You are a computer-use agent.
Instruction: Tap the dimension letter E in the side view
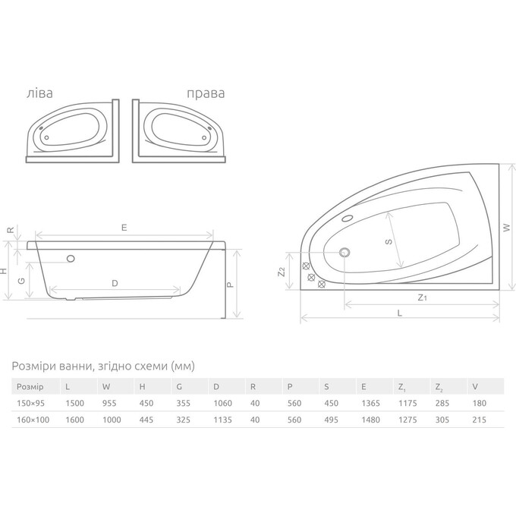coord(123,227)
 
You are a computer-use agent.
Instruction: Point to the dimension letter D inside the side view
coord(114,283)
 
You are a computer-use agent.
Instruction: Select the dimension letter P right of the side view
coord(229,282)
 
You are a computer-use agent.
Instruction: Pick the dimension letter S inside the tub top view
coord(388,242)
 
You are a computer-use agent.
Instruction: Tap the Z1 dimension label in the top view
coord(422,298)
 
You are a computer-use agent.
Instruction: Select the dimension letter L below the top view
coord(399,313)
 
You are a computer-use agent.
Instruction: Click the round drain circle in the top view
coord(345,253)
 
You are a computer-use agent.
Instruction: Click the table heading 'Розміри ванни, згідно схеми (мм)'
coord(103,366)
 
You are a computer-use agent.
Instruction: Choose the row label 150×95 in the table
coord(30,404)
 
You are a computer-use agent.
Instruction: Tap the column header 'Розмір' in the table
coord(30,385)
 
